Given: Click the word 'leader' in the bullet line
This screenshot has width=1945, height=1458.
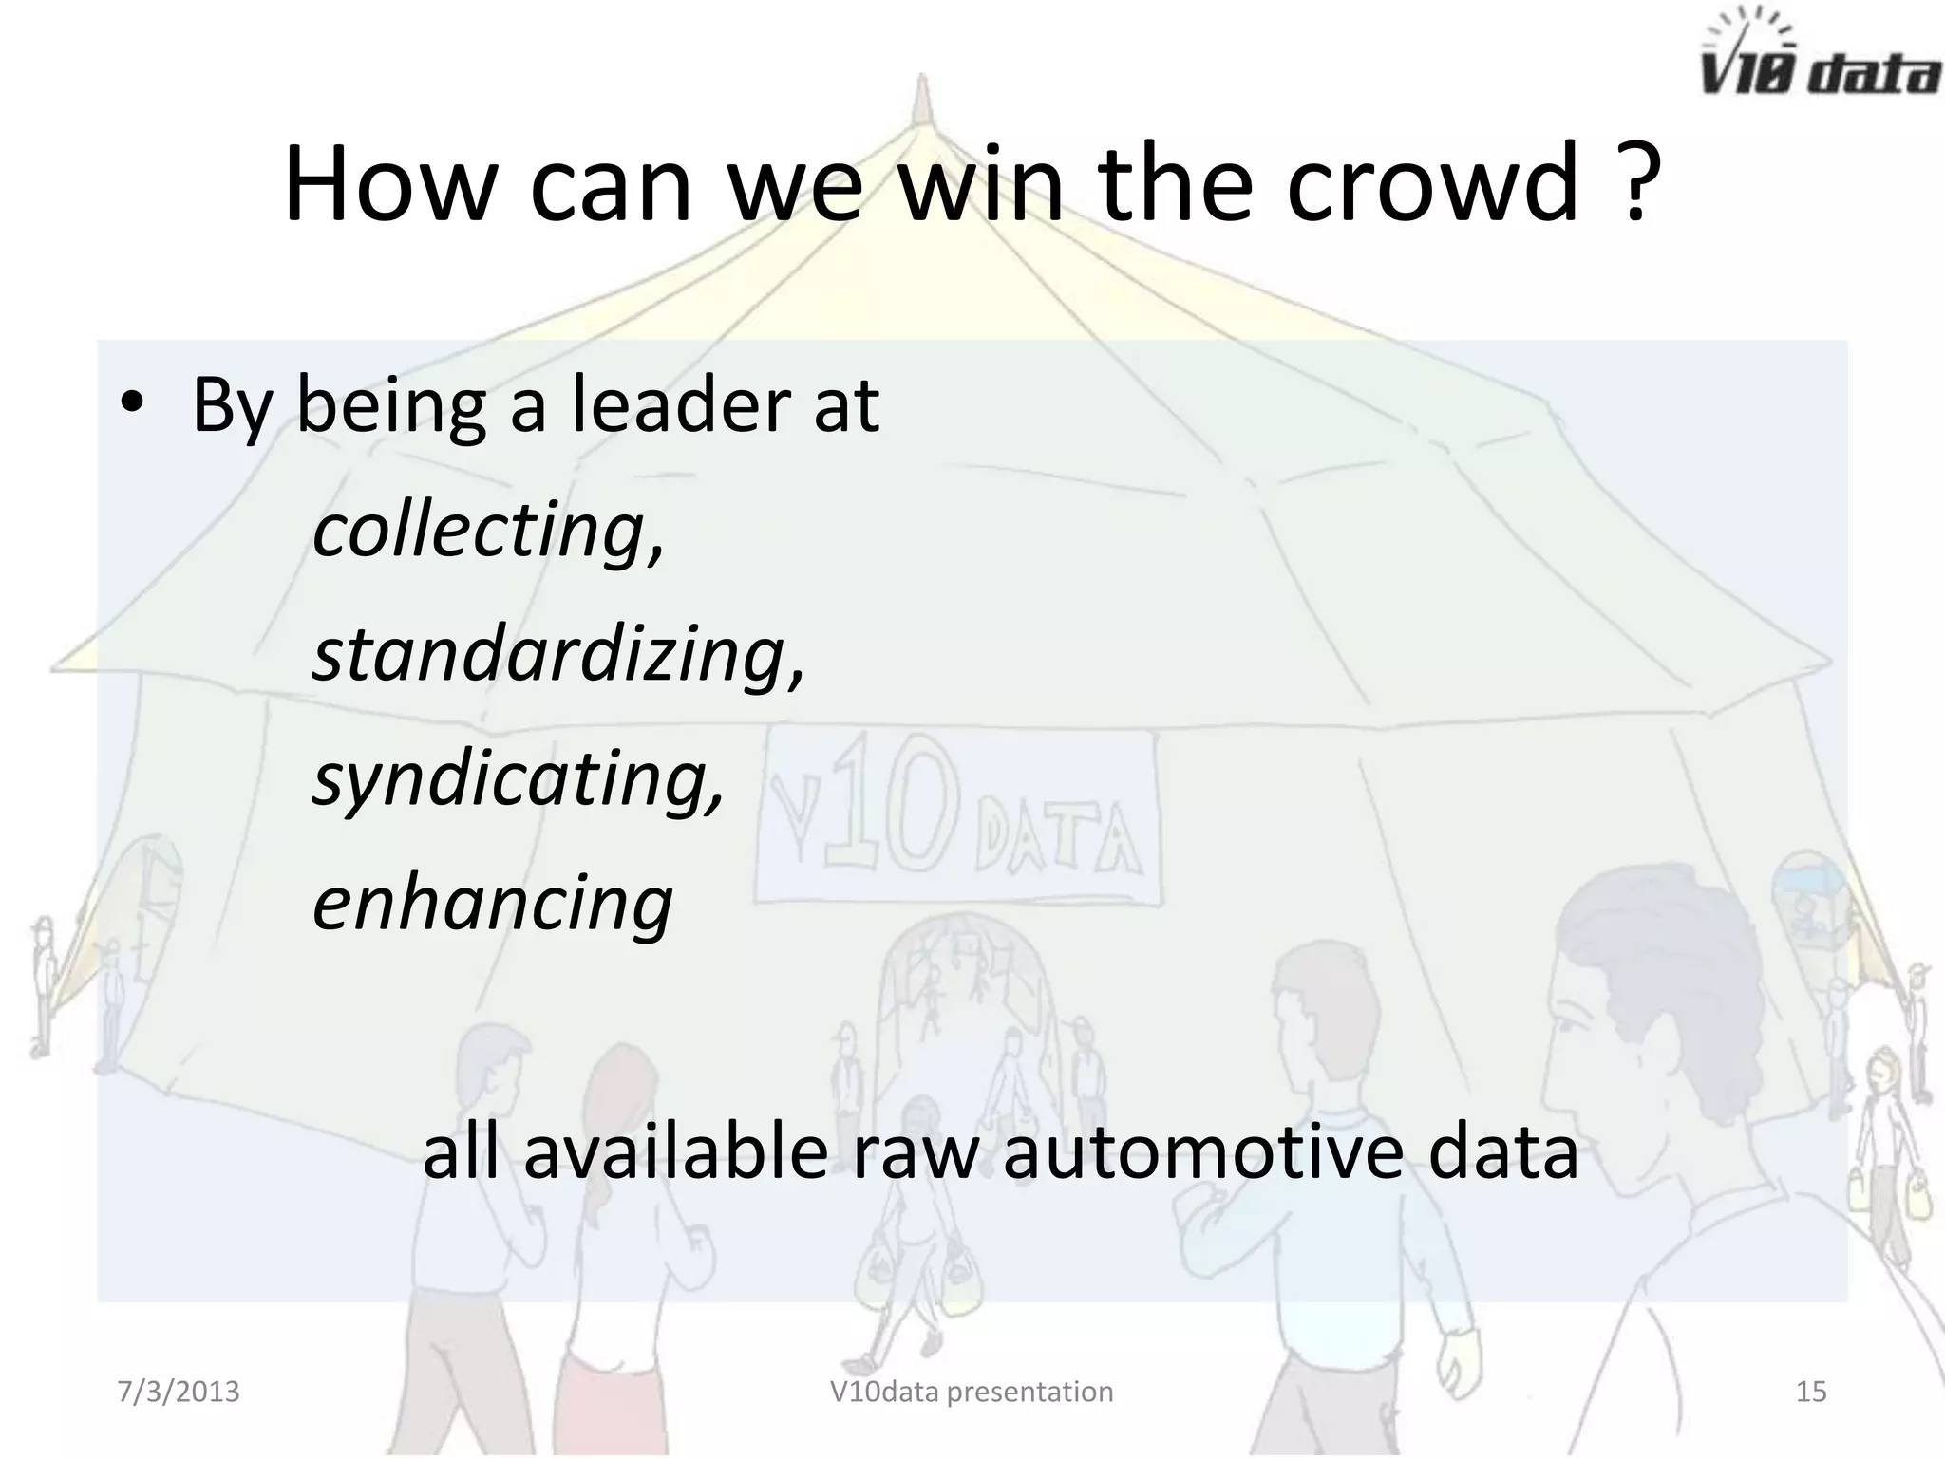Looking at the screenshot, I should tap(680, 405).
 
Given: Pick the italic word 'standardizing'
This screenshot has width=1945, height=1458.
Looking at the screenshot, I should tap(557, 654).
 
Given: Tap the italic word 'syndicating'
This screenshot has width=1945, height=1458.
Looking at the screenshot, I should tap(519, 779).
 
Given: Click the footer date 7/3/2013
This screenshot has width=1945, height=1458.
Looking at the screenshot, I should tap(179, 1392).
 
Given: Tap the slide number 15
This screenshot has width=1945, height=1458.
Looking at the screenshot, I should tap(1811, 1392).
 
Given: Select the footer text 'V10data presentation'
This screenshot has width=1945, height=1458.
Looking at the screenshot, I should tap(972, 1392).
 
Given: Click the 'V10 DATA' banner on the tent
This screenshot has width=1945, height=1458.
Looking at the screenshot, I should tap(957, 816).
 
